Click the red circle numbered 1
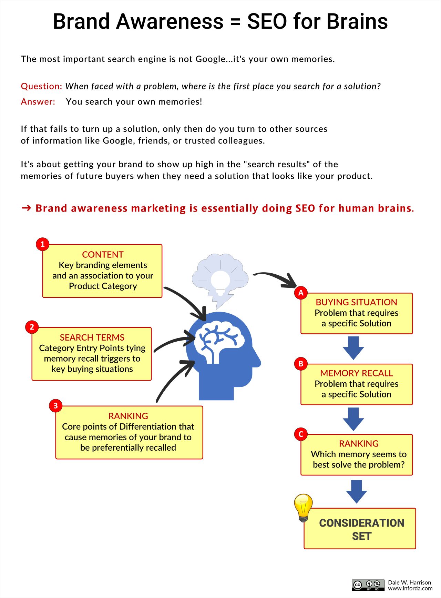tap(43, 244)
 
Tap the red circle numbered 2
tap(32, 327)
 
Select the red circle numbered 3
tap(56, 406)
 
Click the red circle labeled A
tap(301, 293)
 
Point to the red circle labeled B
tap(301, 364)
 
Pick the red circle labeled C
tap(301, 434)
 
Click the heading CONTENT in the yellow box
tap(103, 255)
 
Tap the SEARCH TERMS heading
tap(92, 337)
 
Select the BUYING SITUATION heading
tap(357, 302)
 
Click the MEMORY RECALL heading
tap(357, 373)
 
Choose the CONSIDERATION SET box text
tap(362, 529)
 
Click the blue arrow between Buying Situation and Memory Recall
tap(353, 348)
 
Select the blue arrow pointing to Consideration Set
tap(357, 491)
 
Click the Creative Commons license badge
tap(368, 585)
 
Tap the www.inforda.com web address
tap(410, 588)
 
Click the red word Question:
tap(41, 86)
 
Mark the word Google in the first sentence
tap(210, 59)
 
